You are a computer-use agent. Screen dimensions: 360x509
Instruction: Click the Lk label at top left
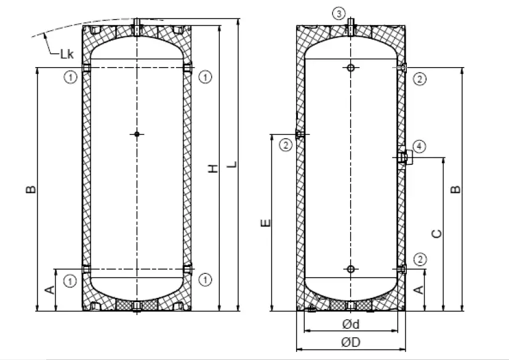coord(66,54)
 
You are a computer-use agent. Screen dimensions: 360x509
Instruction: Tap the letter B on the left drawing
coord(30,189)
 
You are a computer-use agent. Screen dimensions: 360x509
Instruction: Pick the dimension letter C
coord(436,233)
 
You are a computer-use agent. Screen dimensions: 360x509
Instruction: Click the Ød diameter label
coord(351,324)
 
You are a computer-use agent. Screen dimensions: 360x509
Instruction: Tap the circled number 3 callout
coord(339,13)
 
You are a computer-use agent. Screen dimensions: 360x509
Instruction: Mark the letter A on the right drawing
coord(420,289)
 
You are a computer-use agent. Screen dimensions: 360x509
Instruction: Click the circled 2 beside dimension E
coord(285,145)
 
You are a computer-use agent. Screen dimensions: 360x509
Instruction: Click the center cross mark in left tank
coord(137,134)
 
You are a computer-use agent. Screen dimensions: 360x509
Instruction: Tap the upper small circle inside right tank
coord(350,68)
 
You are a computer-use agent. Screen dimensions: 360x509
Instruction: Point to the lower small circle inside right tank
coord(350,269)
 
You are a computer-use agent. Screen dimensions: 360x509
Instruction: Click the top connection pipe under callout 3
coord(350,27)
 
